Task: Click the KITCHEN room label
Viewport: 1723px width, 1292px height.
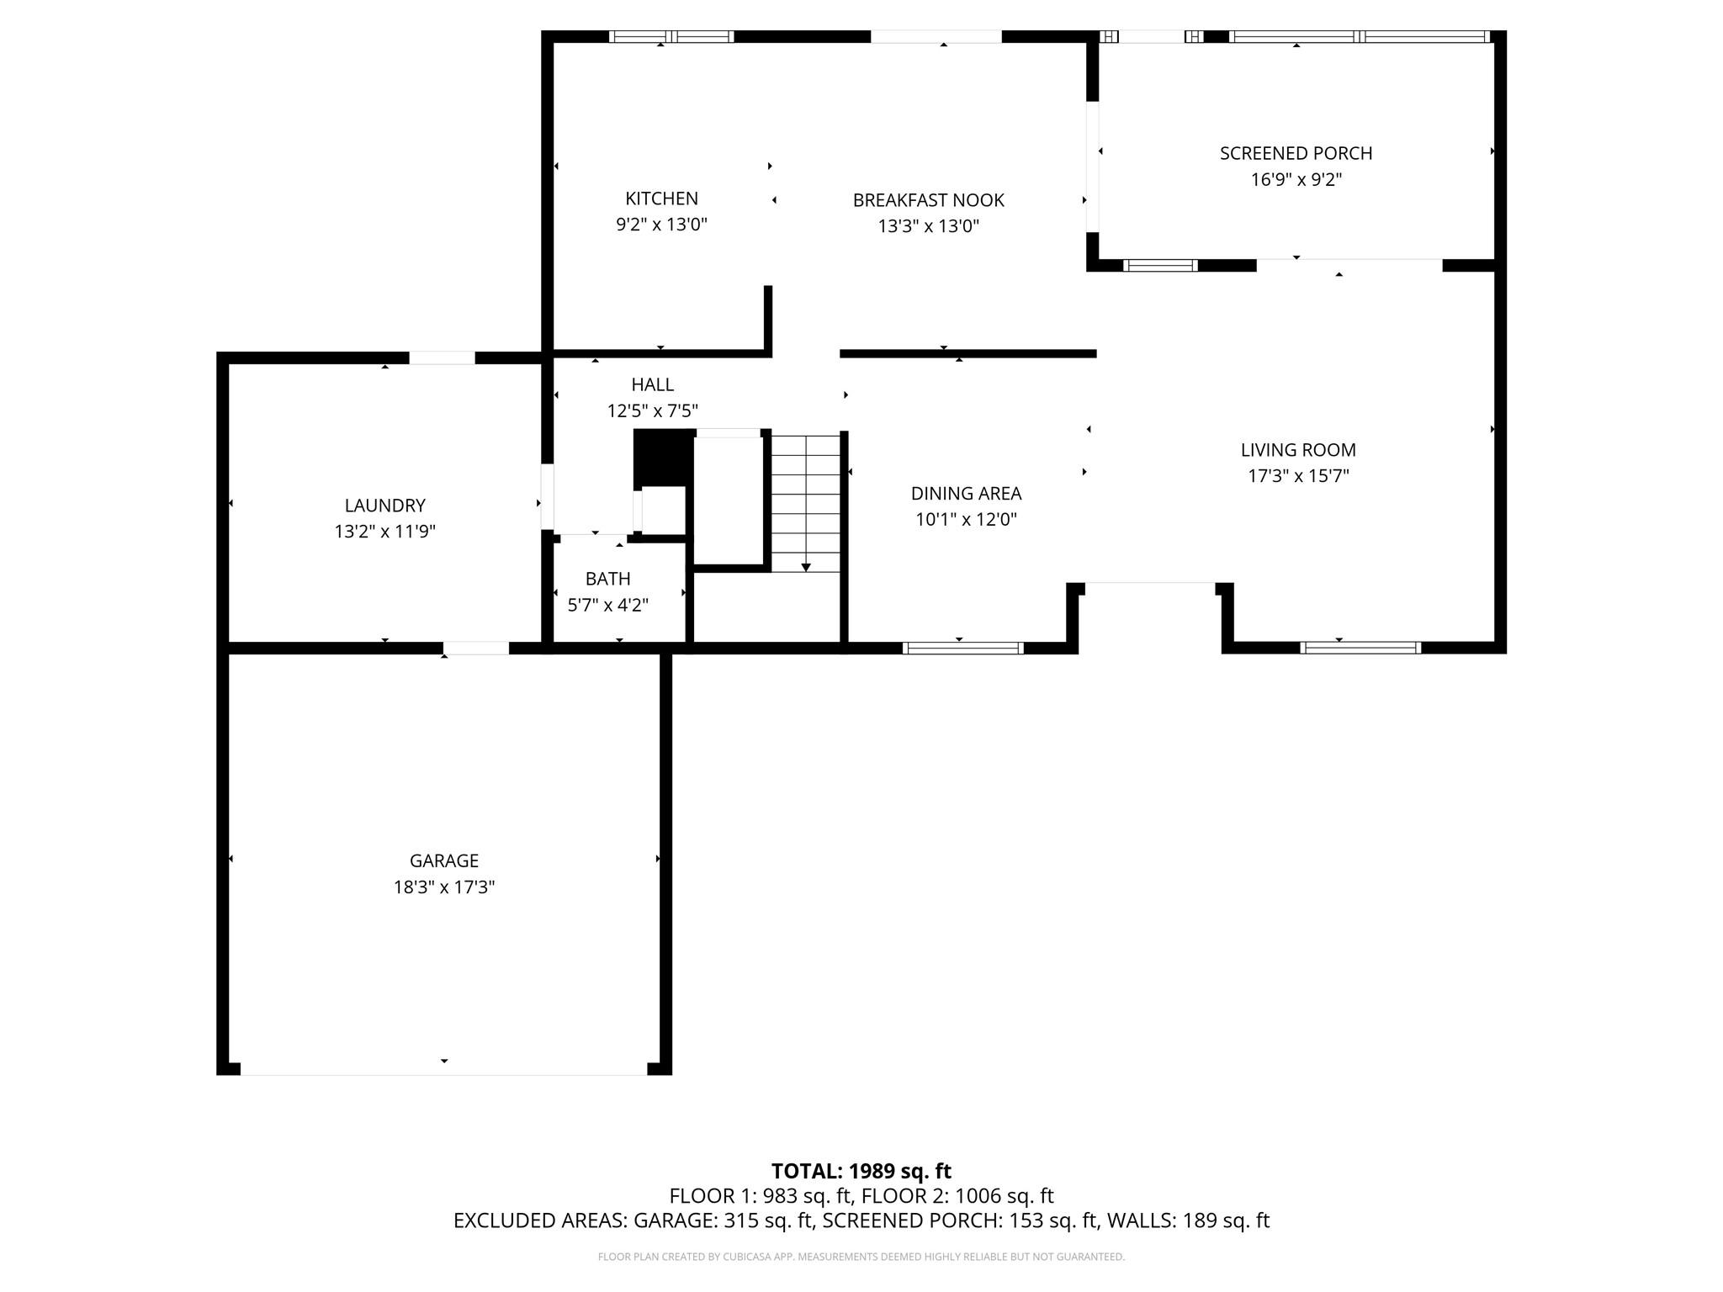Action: point(661,199)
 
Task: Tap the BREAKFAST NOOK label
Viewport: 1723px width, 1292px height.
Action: point(928,200)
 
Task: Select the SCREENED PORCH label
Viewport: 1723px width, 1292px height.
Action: point(1296,153)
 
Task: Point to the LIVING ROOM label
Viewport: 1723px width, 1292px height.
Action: point(1298,450)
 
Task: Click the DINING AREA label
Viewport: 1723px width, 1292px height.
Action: point(966,494)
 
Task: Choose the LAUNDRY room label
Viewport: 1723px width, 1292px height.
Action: point(384,506)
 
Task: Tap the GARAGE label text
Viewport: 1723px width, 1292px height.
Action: point(443,860)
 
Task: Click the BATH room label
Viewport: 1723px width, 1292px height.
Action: point(607,579)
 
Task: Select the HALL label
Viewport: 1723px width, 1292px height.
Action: point(652,384)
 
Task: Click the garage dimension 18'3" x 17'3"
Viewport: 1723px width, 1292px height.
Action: point(443,887)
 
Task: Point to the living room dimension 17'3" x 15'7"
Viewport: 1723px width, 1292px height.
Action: point(1298,476)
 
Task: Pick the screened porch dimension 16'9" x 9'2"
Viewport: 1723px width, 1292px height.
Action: point(1296,179)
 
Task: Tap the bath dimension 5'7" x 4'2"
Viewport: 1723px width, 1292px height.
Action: point(607,605)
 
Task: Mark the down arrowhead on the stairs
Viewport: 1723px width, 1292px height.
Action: point(806,568)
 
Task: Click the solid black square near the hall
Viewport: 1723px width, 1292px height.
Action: point(663,457)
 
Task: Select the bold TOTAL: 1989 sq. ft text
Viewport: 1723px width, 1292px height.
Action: point(861,1171)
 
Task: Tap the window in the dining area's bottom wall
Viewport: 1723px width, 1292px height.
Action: point(962,648)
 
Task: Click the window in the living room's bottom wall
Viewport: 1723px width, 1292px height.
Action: point(1360,648)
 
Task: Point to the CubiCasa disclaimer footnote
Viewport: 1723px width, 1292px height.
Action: point(861,1257)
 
